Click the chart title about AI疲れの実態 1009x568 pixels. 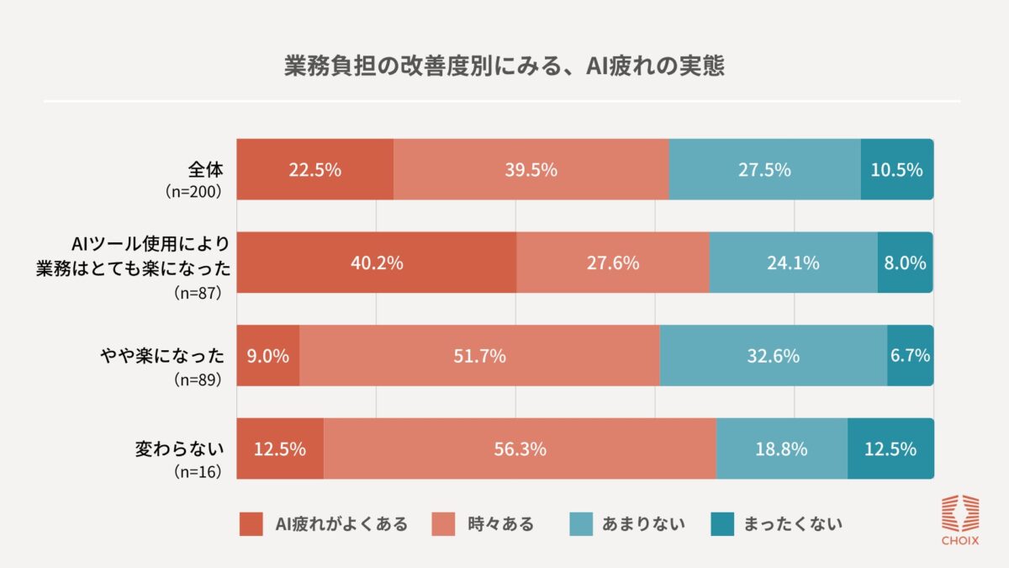[504, 67]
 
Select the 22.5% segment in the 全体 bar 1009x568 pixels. [314, 169]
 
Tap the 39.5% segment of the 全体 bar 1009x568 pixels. [531, 169]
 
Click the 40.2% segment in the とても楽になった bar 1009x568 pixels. [376, 263]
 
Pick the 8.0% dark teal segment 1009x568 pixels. [906, 263]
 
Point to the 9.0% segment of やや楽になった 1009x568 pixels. [267, 356]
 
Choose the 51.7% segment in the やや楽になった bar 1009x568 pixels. [479, 356]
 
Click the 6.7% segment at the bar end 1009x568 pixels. [910, 356]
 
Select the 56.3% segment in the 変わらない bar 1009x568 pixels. [520, 449]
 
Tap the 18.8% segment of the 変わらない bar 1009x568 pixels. [782, 449]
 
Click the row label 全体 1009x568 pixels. [203, 167]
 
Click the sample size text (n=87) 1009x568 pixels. [197, 295]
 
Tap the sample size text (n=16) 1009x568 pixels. [197, 472]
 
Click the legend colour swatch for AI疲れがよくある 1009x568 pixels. [251, 524]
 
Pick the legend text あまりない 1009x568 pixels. [643, 524]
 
